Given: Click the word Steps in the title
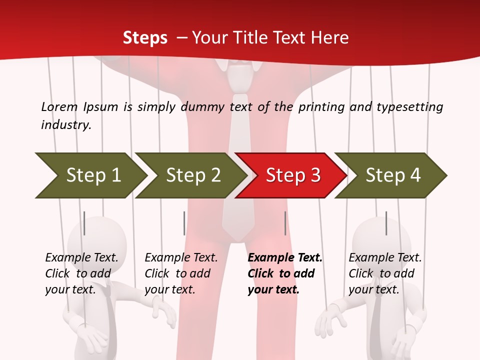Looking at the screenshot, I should (145, 38).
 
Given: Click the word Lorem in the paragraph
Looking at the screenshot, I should (59, 106).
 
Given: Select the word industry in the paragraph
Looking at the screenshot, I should (65, 124).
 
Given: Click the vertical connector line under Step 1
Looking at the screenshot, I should (84, 223).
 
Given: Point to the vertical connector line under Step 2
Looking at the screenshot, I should (184, 223).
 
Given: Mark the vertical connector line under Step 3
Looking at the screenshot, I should (285, 223).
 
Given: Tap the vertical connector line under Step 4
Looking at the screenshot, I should (386, 223).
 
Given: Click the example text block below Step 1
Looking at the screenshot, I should (81, 273).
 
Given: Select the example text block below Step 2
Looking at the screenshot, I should (181, 273).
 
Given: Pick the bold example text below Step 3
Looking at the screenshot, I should (285, 273).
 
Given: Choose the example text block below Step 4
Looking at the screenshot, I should (385, 273).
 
